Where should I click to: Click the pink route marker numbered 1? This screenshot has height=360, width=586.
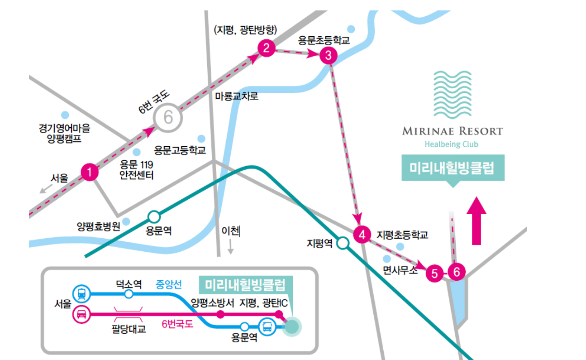[x=90, y=172]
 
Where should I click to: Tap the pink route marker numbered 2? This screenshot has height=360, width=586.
[x=266, y=48]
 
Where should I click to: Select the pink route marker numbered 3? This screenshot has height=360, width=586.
[x=328, y=56]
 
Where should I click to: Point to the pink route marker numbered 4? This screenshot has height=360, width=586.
[x=362, y=235]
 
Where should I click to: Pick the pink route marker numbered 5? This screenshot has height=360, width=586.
[x=434, y=274]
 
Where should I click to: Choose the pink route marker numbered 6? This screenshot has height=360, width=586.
[x=457, y=272]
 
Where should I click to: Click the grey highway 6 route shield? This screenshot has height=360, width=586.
[x=168, y=118]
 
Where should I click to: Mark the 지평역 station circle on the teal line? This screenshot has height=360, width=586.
[x=343, y=244]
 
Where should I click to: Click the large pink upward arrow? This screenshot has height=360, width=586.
[x=476, y=221]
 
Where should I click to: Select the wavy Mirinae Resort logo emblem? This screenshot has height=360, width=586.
[x=453, y=94]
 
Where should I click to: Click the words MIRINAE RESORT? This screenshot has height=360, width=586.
[x=453, y=131]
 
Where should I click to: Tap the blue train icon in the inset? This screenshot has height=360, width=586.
[x=81, y=293]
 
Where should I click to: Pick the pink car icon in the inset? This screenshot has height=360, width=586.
[x=81, y=314]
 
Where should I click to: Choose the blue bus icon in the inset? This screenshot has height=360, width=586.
[x=267, y=326]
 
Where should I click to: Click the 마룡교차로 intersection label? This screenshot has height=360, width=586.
[x=237, y=96]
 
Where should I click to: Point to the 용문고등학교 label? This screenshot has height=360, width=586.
[x=180, y=150]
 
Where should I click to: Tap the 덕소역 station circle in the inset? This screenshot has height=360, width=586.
[x=129, y=294]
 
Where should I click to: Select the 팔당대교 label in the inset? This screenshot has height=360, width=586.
[x=129, y=329]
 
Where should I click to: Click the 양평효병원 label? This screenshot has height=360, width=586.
[x=98, y=226]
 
